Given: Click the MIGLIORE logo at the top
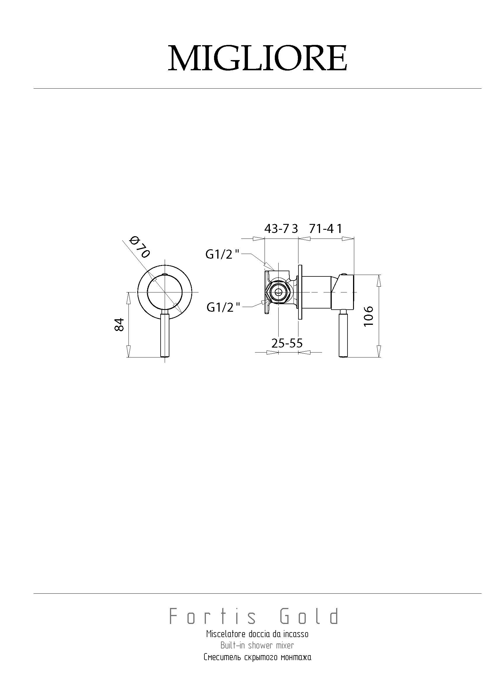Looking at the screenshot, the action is (x=258, y=58).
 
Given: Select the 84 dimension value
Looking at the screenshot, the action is (x=119, y=325).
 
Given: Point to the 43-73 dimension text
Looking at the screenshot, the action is (x=281, y=229).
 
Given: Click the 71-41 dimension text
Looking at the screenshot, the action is (x=326, y=229).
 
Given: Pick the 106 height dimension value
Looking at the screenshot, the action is (x=369, y=316).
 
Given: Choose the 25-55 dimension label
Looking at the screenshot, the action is (x=287, y=343).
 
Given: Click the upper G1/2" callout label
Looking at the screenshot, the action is (x=223, y=254).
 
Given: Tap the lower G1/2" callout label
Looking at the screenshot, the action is (x=223, y=307).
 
